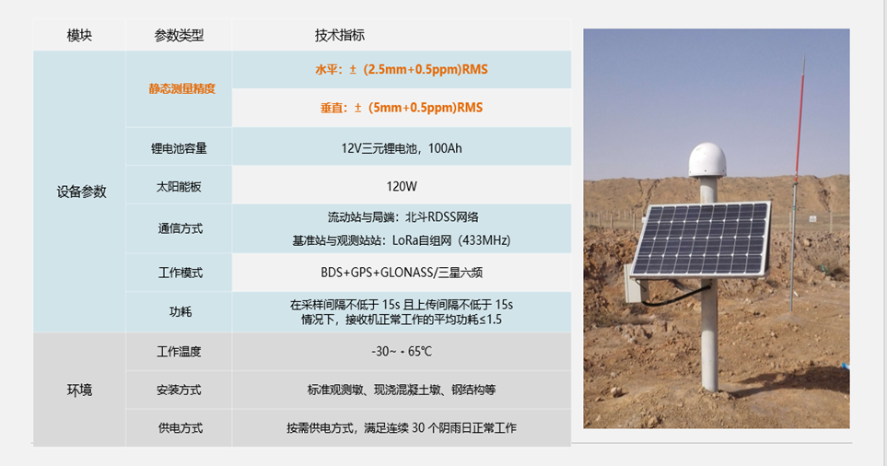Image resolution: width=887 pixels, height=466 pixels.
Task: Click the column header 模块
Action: tap(79, 35)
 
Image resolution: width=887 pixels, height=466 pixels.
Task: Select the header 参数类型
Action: tap(179, 35)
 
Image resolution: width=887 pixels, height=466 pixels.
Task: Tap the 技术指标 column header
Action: tap(339, 35)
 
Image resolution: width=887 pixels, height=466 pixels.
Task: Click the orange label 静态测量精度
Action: tap(182, 88)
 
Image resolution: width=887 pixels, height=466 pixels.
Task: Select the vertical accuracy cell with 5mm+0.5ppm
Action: tap(401, 108)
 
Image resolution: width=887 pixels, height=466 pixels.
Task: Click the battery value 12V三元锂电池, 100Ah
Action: tap(401, 148)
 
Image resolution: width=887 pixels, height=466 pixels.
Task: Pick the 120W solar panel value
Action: tap(401, 187)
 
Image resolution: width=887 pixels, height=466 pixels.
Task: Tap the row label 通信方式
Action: tap(180, 228)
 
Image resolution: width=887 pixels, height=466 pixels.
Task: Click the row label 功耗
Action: tap(180, 311)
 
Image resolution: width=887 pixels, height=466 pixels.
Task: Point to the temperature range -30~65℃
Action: tap(401, 351)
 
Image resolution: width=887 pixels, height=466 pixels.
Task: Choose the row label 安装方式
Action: tap(179, 390)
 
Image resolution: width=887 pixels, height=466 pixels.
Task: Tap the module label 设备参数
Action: tap(81, 192)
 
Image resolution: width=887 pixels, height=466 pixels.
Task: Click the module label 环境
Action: tap(79, 390)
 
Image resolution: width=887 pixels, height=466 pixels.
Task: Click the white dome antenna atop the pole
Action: tap(707, 160)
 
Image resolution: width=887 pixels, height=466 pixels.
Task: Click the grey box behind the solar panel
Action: tap(636, 285)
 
